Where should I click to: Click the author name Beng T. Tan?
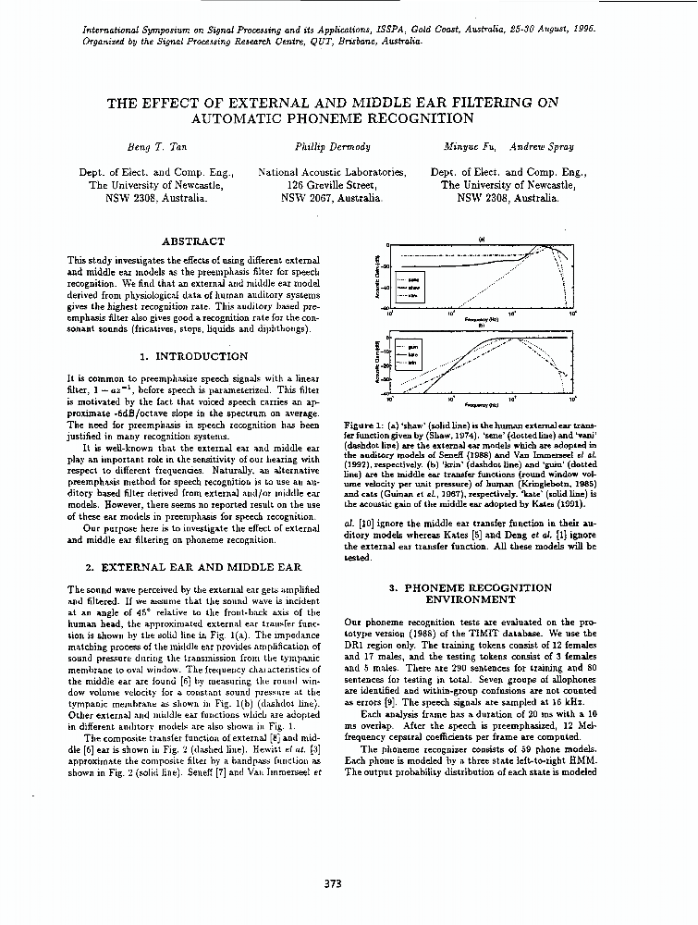[x=156, y=147]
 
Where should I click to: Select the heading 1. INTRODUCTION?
[x=194, y=355]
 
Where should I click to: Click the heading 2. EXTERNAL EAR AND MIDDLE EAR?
[x=193, y=566]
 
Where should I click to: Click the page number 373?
[x=334, y=883]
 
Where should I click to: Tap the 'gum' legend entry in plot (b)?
[x=413, y=348]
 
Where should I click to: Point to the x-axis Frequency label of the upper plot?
[x=481, y=317]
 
